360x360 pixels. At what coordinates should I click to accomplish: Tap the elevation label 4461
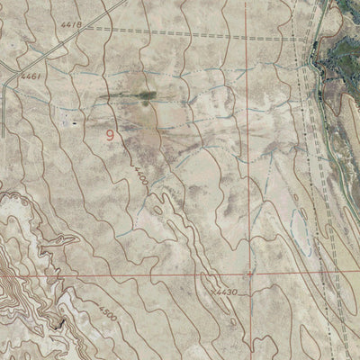click(x=32, y=77)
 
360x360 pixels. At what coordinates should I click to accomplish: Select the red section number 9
click(x=111, y=136)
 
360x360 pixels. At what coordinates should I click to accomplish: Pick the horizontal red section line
click(x=135, y=274)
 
